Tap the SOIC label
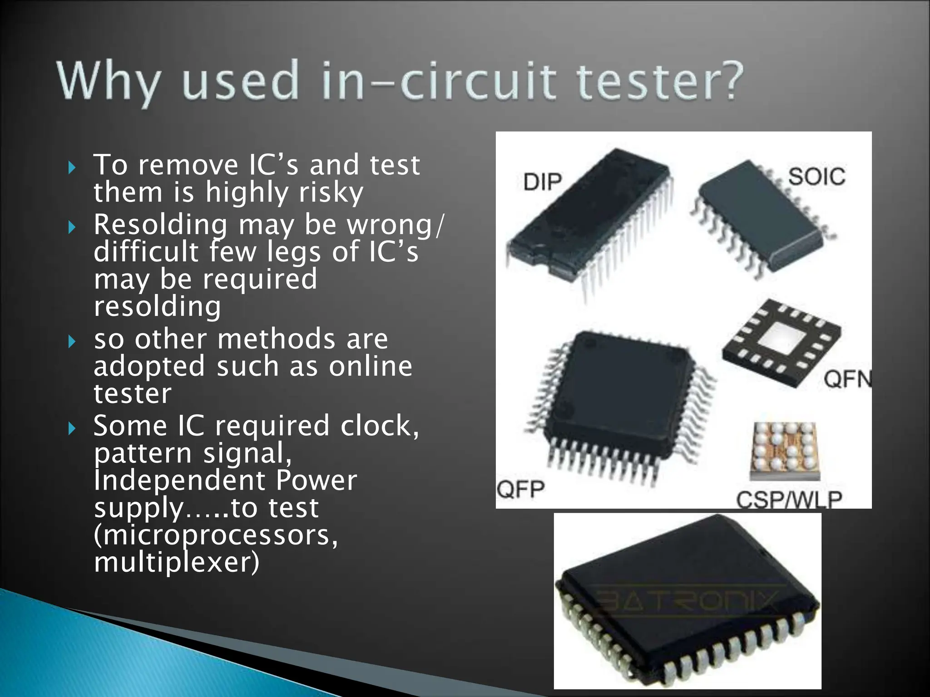(816, 177)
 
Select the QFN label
(847, 379)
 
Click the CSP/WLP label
(789, 500)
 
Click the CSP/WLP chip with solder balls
(784, 449)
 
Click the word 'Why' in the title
(109, 82)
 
